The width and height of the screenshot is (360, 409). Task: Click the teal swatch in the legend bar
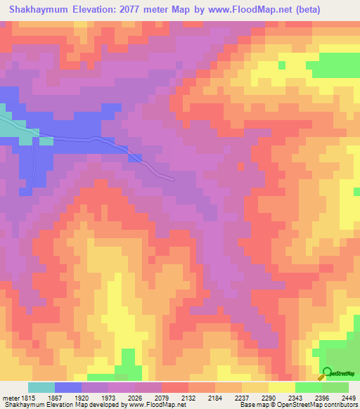tap(41, 387)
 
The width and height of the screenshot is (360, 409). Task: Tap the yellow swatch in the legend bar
tap(282, 387)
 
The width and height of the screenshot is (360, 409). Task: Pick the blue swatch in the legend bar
tap(68, 387)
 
